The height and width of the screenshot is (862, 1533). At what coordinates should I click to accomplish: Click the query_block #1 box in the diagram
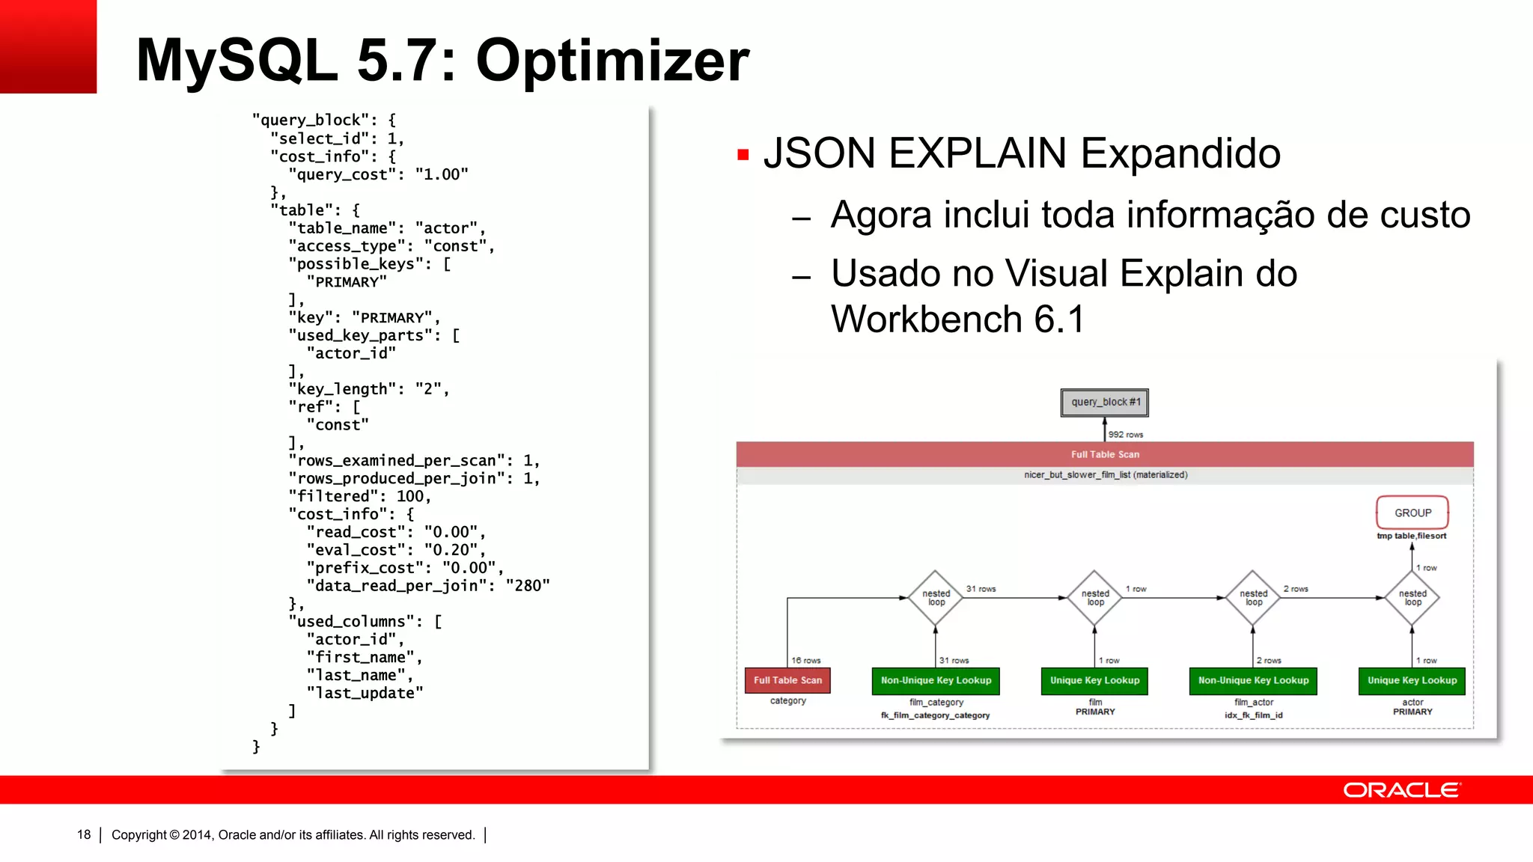pos(1105,403)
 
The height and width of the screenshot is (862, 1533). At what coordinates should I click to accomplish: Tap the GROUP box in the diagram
pos(1412,513)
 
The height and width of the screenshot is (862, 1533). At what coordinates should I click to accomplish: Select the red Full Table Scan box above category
pos(787,680)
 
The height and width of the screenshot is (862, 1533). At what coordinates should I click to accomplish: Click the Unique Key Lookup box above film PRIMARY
pos(1094,680)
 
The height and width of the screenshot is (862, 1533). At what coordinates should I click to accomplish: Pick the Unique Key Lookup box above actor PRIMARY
pos(1412,680)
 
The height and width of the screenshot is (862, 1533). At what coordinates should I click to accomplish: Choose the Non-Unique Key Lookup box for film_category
pos(936,680)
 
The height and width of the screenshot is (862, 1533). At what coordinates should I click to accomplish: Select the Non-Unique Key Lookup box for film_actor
pos(1253,680)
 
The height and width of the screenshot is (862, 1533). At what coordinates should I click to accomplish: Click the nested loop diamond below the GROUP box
pos(1412,598)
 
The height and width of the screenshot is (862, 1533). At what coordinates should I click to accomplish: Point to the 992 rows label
pos(1125,435)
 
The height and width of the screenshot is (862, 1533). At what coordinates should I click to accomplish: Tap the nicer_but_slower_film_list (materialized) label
pos(1106,475)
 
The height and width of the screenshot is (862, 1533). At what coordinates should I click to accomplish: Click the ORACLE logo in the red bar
pos(1401,790)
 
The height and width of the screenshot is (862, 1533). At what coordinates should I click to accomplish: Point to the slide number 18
pos(84,834)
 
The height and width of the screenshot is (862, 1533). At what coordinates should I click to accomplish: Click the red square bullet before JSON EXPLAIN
pos(743,155)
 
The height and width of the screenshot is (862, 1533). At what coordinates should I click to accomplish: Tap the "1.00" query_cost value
pos(442,174)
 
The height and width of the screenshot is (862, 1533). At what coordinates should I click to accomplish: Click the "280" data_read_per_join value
pos(528,586)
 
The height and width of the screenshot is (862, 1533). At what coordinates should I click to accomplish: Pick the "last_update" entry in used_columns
pos(365,693)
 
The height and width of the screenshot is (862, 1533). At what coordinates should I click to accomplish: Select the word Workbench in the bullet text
pos(927,320)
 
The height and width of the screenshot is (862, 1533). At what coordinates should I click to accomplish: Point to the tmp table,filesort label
pos(1411,536)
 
